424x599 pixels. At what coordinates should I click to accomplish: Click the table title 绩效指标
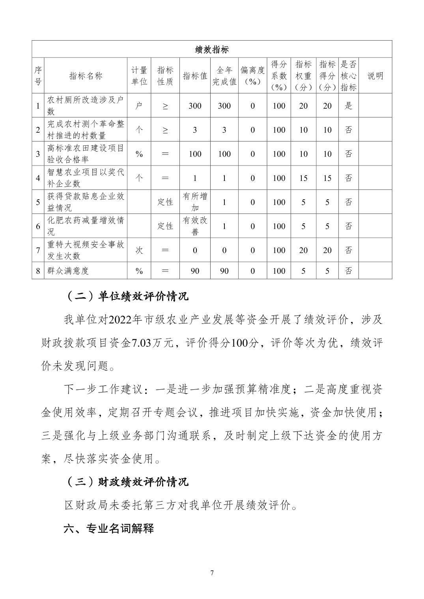(x=212, y=50)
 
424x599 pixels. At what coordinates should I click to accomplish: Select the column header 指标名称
(x=86, y=76)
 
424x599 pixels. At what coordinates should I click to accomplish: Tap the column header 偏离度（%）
(x=252, y=76)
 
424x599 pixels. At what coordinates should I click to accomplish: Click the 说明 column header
(x=375, y=76)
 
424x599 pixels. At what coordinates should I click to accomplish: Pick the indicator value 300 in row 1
(x=195, y=106)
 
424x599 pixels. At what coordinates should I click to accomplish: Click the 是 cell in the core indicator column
(x=348, y=106)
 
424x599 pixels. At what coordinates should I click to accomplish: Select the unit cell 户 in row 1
(x=139, y=106)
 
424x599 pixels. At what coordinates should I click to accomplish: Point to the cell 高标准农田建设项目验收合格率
(x=86, y=154)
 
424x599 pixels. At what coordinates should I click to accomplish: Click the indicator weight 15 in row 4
(x=303, y=178)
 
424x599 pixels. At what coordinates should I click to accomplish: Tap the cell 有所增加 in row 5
(x=195, y=202)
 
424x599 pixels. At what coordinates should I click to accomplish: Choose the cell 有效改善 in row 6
(x=195, y=226)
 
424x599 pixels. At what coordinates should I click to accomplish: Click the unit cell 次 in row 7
(x=139, y=250)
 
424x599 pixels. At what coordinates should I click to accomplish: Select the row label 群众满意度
(x=68, y=271)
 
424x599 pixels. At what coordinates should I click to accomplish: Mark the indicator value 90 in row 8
(x=195, y=271)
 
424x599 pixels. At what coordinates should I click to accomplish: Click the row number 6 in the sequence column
(x=38, y=226)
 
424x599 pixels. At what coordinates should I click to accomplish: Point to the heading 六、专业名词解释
(x=109, y=528)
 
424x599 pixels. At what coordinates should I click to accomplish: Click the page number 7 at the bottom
(x=212, y=573)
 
